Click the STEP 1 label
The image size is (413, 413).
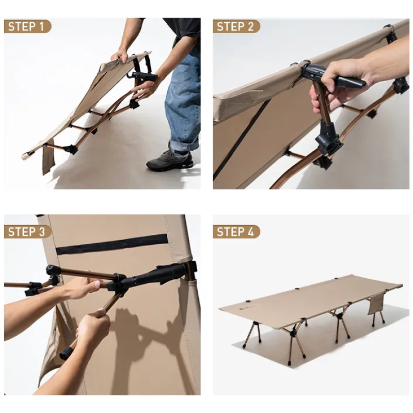[x=27, y=26]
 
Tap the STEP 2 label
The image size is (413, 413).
[x=236, y=26]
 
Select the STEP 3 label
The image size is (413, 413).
[x=28, y=232]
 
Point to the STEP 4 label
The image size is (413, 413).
[x=236, y=232]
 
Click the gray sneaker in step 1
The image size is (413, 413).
[x=170, y=161]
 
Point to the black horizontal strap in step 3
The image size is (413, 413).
[x=112, y=244]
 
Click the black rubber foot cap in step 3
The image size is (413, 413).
[x=66, y=353]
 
